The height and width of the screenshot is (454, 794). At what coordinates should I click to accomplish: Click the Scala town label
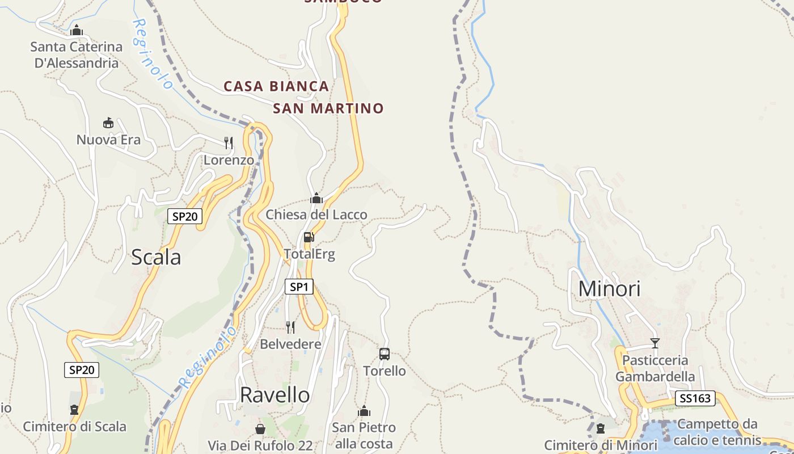pos(156,257)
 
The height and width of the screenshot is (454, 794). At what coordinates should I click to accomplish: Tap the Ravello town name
pos(275,394)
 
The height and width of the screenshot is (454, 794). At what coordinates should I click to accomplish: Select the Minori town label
pos(609,289)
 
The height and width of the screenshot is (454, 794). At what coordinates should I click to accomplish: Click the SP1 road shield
pos(298,287)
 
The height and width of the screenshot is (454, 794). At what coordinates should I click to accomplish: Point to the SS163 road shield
pos(695,398)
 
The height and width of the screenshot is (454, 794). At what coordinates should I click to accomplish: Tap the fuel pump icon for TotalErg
pos(309,237)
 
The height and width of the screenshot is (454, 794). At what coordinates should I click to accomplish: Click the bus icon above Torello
pos(385,354)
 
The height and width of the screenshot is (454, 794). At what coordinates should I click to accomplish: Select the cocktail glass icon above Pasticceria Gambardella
pos(655,343)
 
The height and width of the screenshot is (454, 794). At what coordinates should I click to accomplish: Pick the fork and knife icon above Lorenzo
pos(229,142)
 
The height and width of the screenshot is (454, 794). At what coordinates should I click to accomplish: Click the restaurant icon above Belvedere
pos(290,327)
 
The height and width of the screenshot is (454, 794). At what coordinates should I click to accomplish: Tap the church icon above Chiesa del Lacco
pos(316,198)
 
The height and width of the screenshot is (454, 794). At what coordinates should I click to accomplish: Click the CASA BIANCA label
pos(276,86)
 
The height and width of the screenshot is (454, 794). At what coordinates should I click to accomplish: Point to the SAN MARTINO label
pos(328,108)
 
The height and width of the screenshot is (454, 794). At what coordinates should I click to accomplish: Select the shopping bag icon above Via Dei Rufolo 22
pos(260,428)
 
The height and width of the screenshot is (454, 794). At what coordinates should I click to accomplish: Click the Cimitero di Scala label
pos(74,426)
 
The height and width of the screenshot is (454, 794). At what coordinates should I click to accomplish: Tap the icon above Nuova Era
pos(108,123)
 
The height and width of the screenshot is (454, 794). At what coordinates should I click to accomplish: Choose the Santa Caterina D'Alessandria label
pos(77,54)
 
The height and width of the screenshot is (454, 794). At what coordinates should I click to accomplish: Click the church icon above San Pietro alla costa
pos(364,411)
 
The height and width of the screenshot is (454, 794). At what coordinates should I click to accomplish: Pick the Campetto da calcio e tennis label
pos(718,432)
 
